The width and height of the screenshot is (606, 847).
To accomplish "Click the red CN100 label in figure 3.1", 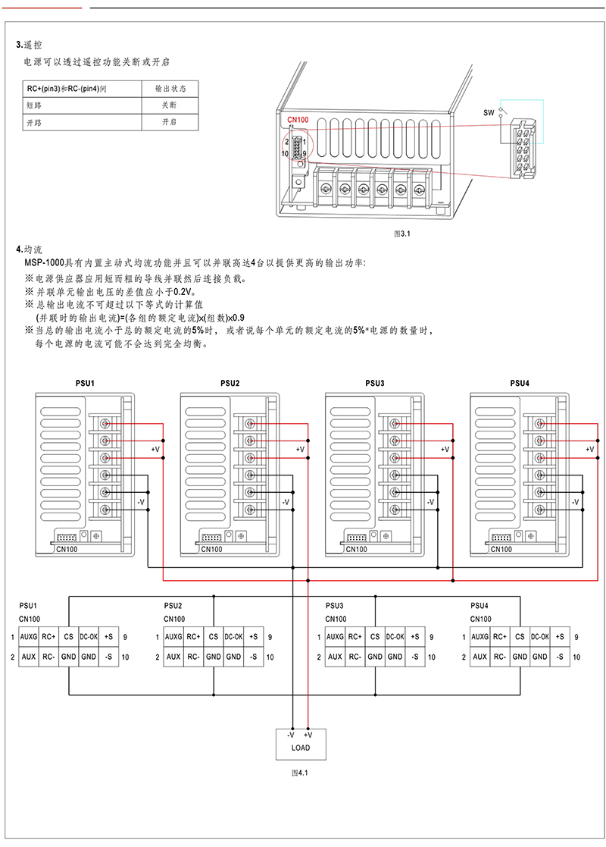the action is pos(298,120).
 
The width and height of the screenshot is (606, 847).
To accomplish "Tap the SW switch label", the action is pos(489,113).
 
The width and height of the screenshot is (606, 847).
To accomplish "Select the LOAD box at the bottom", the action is pos(301,744).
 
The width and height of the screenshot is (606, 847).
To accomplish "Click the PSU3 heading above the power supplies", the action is pos(374,383).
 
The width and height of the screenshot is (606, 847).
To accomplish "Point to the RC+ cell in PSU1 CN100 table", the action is pos(48,637).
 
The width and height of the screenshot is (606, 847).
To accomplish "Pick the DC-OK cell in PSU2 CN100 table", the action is pos(233,637).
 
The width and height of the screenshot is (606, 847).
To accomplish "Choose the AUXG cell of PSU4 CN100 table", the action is pos(479,637).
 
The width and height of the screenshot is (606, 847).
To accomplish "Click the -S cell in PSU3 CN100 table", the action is pos(415,657).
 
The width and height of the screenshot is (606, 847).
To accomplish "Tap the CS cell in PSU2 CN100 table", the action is pos(214,637).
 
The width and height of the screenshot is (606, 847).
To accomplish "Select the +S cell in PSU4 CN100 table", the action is pos(560,637).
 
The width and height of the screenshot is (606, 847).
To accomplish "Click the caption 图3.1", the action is pos(402,234).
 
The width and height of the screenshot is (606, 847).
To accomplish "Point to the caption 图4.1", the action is pos(299,773).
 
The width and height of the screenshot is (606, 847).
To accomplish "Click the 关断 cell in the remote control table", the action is pos(170,105).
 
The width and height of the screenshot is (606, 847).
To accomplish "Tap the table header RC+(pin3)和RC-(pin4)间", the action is pos(67,89).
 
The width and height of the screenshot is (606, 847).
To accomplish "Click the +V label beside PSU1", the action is pos(155,449).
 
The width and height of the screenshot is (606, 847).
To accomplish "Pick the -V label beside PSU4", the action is pos(575,502).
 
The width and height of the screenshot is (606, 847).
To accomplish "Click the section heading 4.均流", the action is pos(29,249).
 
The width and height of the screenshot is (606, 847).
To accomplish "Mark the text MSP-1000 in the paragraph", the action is pos(44,263).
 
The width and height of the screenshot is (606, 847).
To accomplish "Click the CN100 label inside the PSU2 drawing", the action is pos(211,549).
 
